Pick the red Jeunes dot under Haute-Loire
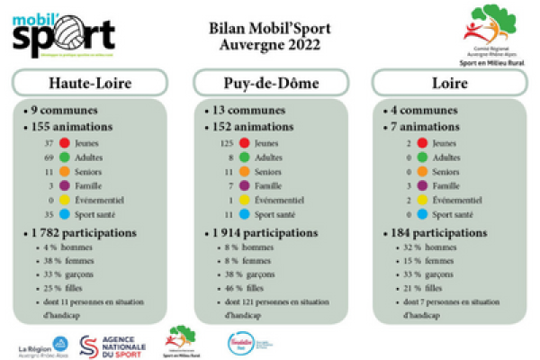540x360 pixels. (x=65, y=143)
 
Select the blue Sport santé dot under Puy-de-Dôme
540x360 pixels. (x=244, y=214)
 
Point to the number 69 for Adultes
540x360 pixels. (x=49, y=157)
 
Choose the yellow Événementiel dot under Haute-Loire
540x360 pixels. (x=65, y=200)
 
